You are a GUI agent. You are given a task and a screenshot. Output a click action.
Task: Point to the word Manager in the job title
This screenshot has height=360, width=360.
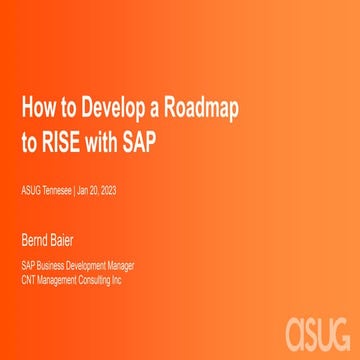(x=120, y=265)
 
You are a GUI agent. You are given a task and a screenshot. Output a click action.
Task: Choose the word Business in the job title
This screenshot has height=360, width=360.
(x=49, y=265)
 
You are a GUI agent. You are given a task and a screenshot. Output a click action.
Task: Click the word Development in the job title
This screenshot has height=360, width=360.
(x=85, y=265)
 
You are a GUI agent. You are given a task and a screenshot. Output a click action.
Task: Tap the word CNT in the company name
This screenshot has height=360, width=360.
(x=29, y=278)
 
